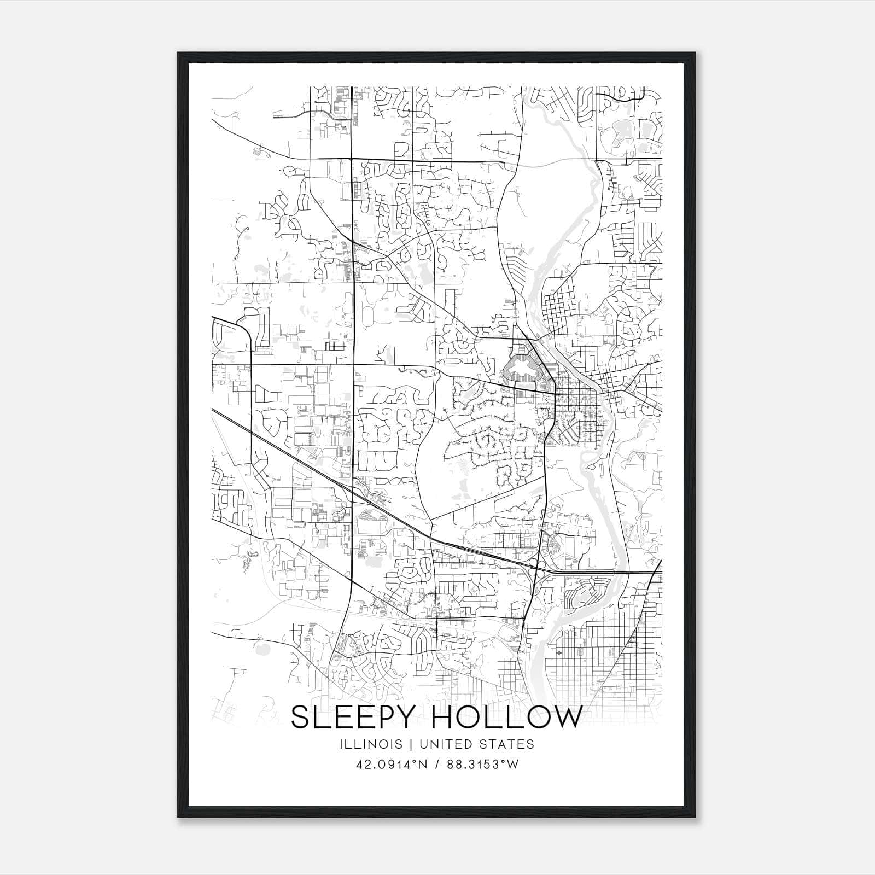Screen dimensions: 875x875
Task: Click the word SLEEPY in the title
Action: coord(354,718)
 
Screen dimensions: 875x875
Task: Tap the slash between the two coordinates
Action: coord(437,765)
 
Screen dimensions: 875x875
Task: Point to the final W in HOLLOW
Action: coord(565,718)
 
